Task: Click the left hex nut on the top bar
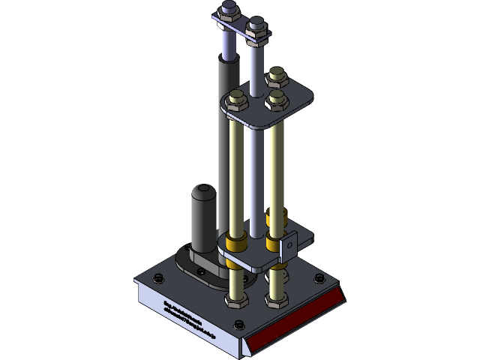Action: (x=229, y=12)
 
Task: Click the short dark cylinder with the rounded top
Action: (x=202, y=217)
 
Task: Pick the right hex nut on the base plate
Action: (x=276, y=299)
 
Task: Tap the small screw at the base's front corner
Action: (x=238, y=325)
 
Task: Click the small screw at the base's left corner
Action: (x=157, y=278)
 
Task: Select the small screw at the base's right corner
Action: (x=320, y=280)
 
